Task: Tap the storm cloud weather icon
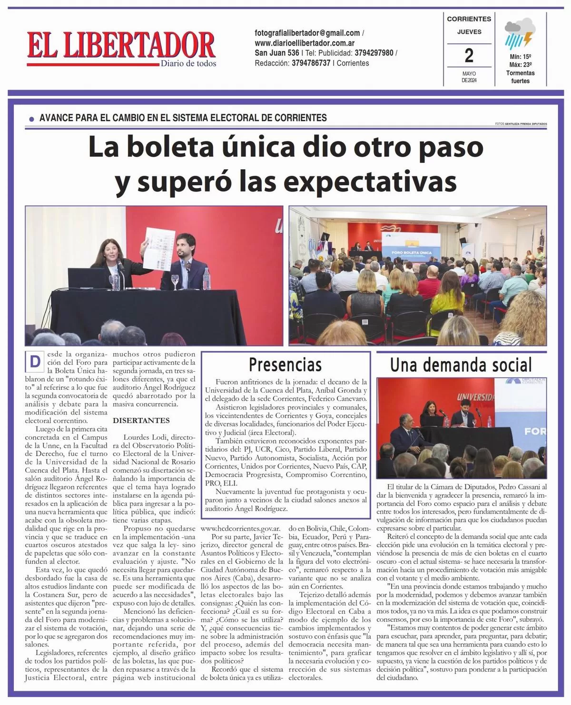[x=520, y=33]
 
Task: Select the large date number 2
[x=469, y=56]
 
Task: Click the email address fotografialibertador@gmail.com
[x=307, y=33]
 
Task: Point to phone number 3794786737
[x=311, y=63]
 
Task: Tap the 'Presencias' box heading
[x=285, y=365]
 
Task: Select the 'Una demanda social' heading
[x=461, y=365]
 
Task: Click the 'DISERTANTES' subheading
[x=141, y=421]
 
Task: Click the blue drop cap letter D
[x=35, y=362]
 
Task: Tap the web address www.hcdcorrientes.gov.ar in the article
[x=240, y=528]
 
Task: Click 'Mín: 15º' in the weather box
[x=520, y=56]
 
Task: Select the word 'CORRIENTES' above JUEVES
[x=469, y=19]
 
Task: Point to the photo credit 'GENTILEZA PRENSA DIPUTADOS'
[x=525, y=124]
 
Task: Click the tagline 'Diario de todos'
[x=188, y=63]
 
